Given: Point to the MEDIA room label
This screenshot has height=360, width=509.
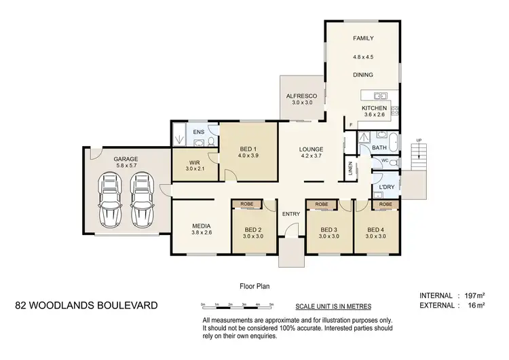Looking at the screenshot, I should (202, 226).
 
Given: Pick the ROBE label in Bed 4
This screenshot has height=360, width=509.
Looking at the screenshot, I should (385, 203).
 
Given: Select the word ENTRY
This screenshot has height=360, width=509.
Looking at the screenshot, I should (291, 215).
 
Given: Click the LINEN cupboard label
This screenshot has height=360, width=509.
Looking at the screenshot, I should (351, 168).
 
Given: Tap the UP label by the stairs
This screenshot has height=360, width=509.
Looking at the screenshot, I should (418, 140).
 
